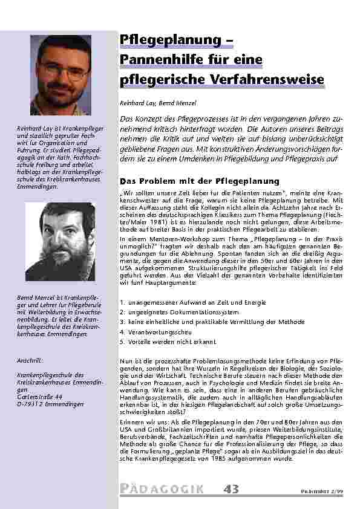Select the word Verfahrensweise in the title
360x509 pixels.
tap(262, 79)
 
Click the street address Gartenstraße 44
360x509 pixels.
tap(38, 397)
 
